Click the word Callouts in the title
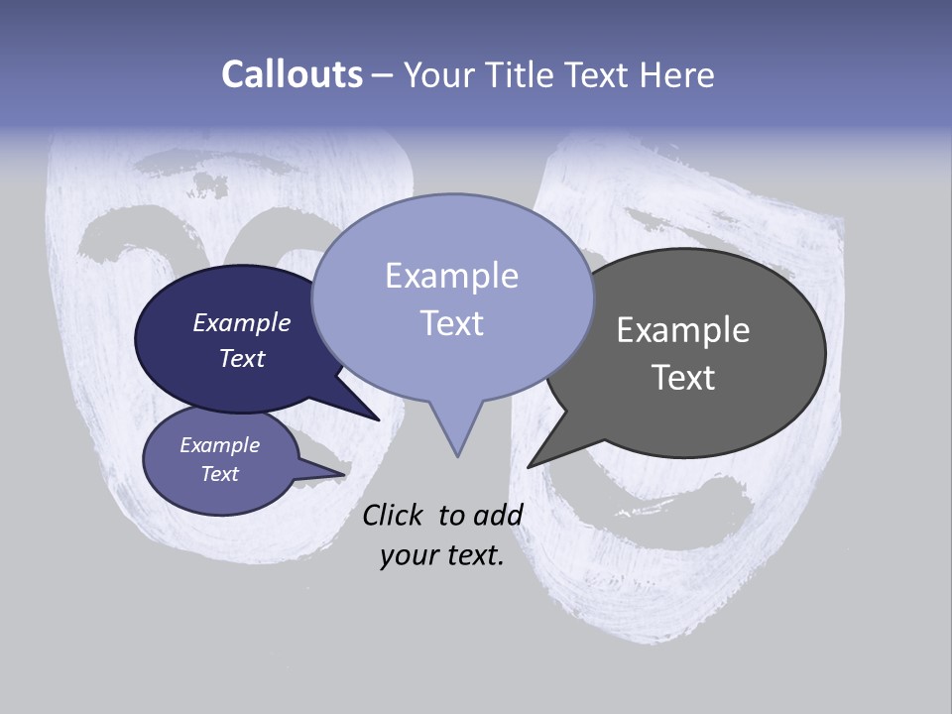pos(292,74)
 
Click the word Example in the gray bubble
pos(683,329)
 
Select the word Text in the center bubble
pos(451,323)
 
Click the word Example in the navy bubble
pos(242,322)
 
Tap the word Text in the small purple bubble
pos(220,474)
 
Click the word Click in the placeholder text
pos(392,515)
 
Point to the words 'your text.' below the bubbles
pos(441,555)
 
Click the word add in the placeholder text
pos(498,515)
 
